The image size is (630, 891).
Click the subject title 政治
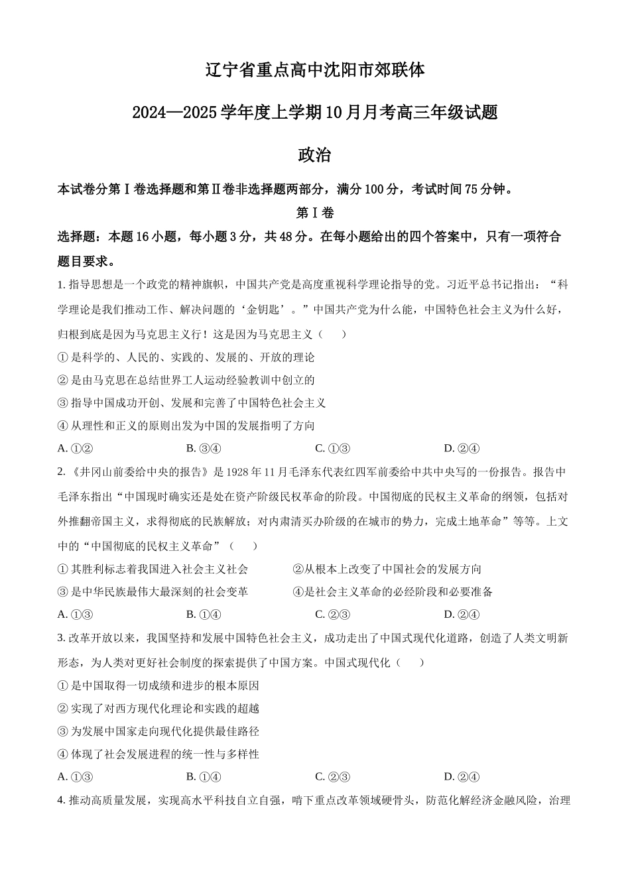[x=314, y=155]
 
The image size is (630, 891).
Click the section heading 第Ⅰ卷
[x=314, y=213]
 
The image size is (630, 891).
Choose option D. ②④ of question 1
[x=462, y=448]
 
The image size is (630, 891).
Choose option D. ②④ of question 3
[x=462, y=777]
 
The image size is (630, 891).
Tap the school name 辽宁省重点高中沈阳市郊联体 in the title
[x=314, y=70]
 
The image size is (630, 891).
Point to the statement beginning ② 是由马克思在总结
[x=186, y=380]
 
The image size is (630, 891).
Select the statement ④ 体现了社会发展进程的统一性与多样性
[x=158, y=754]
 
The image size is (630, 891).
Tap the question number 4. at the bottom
[x=62, y=800]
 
